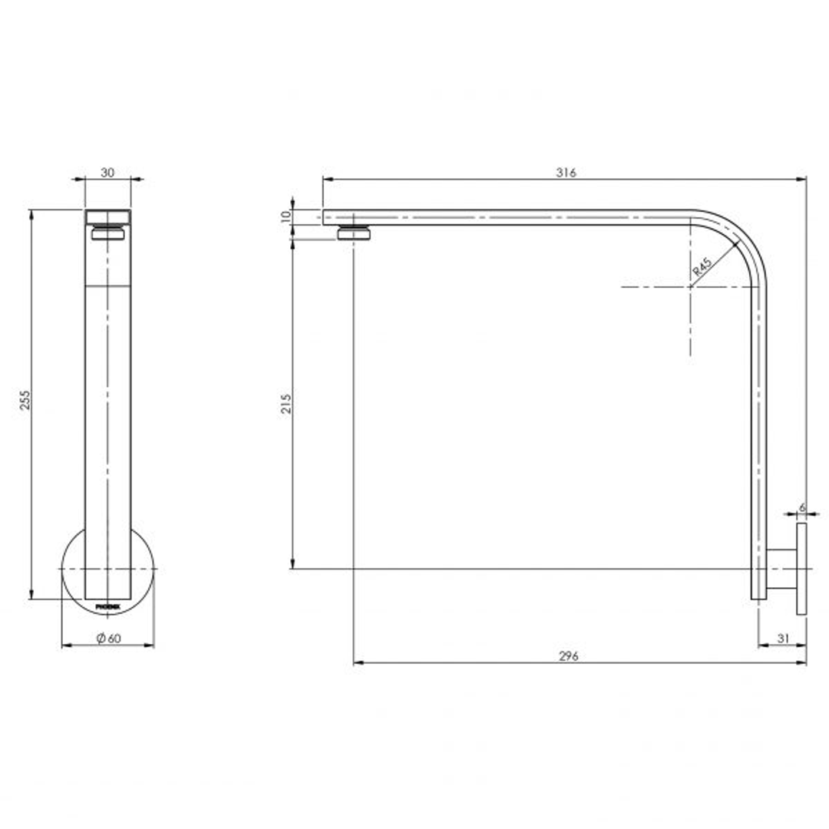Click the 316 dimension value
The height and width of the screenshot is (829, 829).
566,172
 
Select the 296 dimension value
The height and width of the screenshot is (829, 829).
568,656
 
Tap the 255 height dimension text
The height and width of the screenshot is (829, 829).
25,400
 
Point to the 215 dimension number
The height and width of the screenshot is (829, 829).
286,404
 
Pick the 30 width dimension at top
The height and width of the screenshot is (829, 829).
107,172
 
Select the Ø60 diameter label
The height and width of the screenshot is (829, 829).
109,639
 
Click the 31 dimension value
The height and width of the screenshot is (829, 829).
783,638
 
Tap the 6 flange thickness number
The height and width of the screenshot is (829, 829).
801,508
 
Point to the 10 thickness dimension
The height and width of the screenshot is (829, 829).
286,217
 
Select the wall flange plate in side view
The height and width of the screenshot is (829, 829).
801,569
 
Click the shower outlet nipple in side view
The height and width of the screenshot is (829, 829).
354,233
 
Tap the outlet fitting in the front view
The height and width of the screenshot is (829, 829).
107,233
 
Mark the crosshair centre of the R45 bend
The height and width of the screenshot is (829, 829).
690,287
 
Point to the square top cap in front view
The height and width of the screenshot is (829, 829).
107,216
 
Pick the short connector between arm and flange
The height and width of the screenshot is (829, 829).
781,569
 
